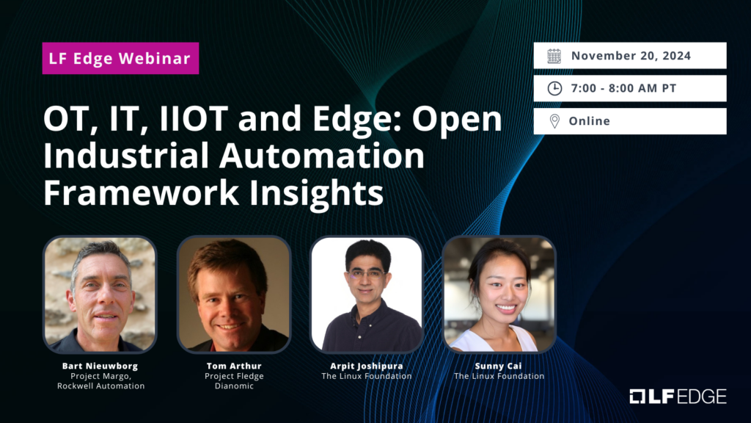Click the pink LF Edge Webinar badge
pos(120,58)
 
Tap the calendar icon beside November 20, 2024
pos(554,56)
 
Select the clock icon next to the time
pos(554,88)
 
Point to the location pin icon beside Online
pos(554,121)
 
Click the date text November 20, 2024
pos(631,56)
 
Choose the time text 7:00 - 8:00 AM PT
pos(623,88)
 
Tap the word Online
pos(589,121)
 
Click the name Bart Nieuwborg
pos(100,366)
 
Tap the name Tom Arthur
pos(234,366)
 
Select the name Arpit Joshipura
pos(367,366)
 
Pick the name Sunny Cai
pos(499,366)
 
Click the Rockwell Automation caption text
pos(100,386)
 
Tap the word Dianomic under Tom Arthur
pos(234,386)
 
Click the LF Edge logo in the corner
pos(678,397)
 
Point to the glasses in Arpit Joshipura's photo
pos(367,274)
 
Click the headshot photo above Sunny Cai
pos(499,294)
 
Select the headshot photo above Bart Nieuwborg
pos(100,294)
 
